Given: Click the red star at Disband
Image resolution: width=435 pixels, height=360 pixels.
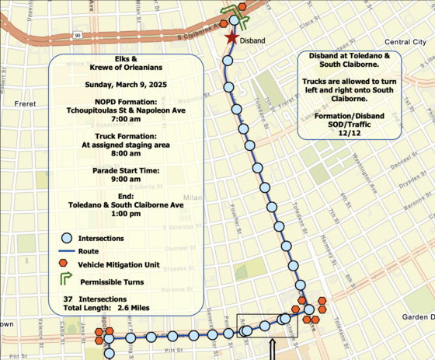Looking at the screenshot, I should (x=230, y=38).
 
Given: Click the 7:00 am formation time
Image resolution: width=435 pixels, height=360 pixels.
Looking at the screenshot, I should (x=127, y=120).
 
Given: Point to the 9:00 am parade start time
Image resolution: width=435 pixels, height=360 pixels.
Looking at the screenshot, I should (x=127, y=175).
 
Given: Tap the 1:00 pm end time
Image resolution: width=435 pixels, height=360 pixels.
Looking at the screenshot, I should (x=127, y=213).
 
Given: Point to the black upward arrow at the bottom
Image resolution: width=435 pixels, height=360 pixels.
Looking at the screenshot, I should (x=273, y=350).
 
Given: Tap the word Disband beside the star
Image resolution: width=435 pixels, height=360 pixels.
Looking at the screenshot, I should (x=253, y=40).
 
